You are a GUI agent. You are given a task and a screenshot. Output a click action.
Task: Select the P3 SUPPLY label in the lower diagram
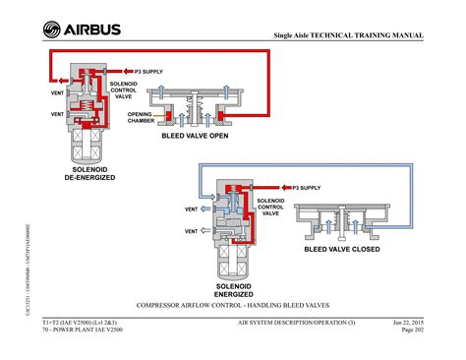(305, 186)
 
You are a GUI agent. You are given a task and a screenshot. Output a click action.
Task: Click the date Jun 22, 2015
(407, 323)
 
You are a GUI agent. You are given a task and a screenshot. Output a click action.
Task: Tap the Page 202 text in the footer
(412, 331)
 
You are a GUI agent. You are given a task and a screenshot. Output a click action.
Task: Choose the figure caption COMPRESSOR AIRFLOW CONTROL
(232, 306)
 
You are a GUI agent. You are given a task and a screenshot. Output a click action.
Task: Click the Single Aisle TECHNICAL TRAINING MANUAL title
(348, 35)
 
